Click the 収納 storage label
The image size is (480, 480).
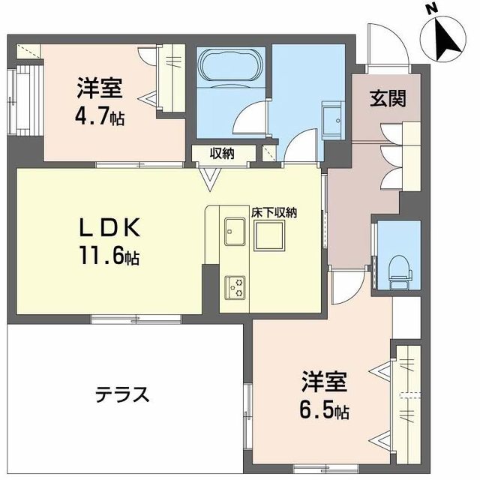[221, 154]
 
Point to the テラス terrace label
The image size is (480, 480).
[124, 394]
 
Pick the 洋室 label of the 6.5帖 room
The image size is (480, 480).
[324, 381]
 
